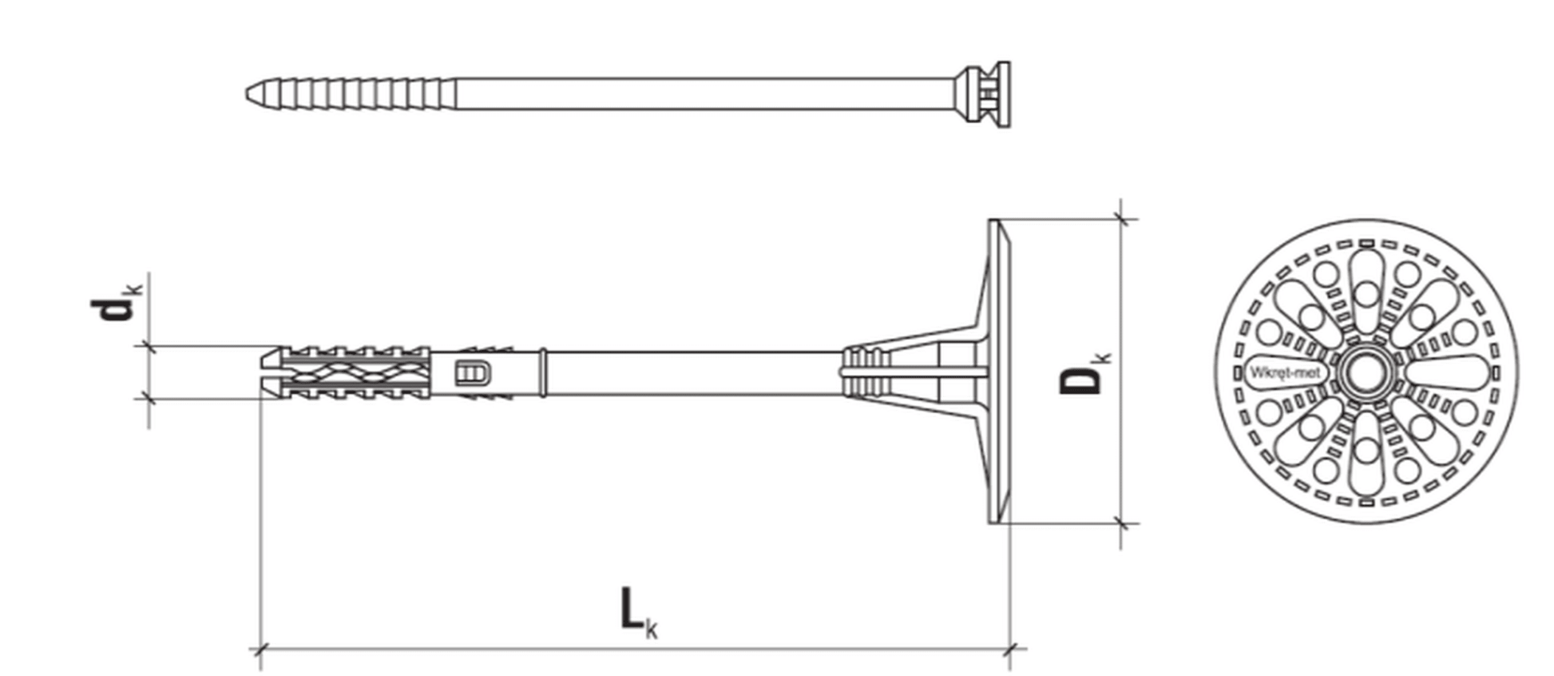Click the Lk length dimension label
(639, 612)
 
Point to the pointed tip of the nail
(247, 94)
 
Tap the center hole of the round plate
(1366, 372)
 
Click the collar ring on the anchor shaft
(544, 372)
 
